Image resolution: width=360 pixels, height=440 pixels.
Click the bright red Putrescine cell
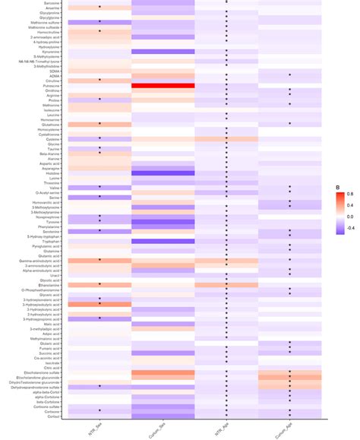pyautogui.click(x=163, y=86)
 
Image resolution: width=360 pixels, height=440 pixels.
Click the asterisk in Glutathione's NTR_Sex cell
pyautogui.click(x=99, y=123)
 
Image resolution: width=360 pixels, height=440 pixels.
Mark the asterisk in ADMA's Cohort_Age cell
pyautogui.click(x=289, y=74)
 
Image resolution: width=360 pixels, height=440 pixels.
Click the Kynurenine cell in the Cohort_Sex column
pyautogui.click(x=163, y=51)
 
